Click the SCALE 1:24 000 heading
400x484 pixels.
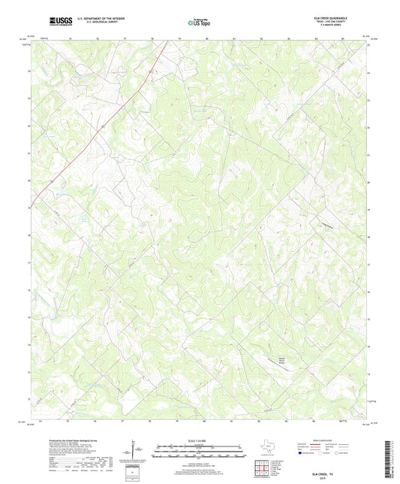[200, 440]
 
